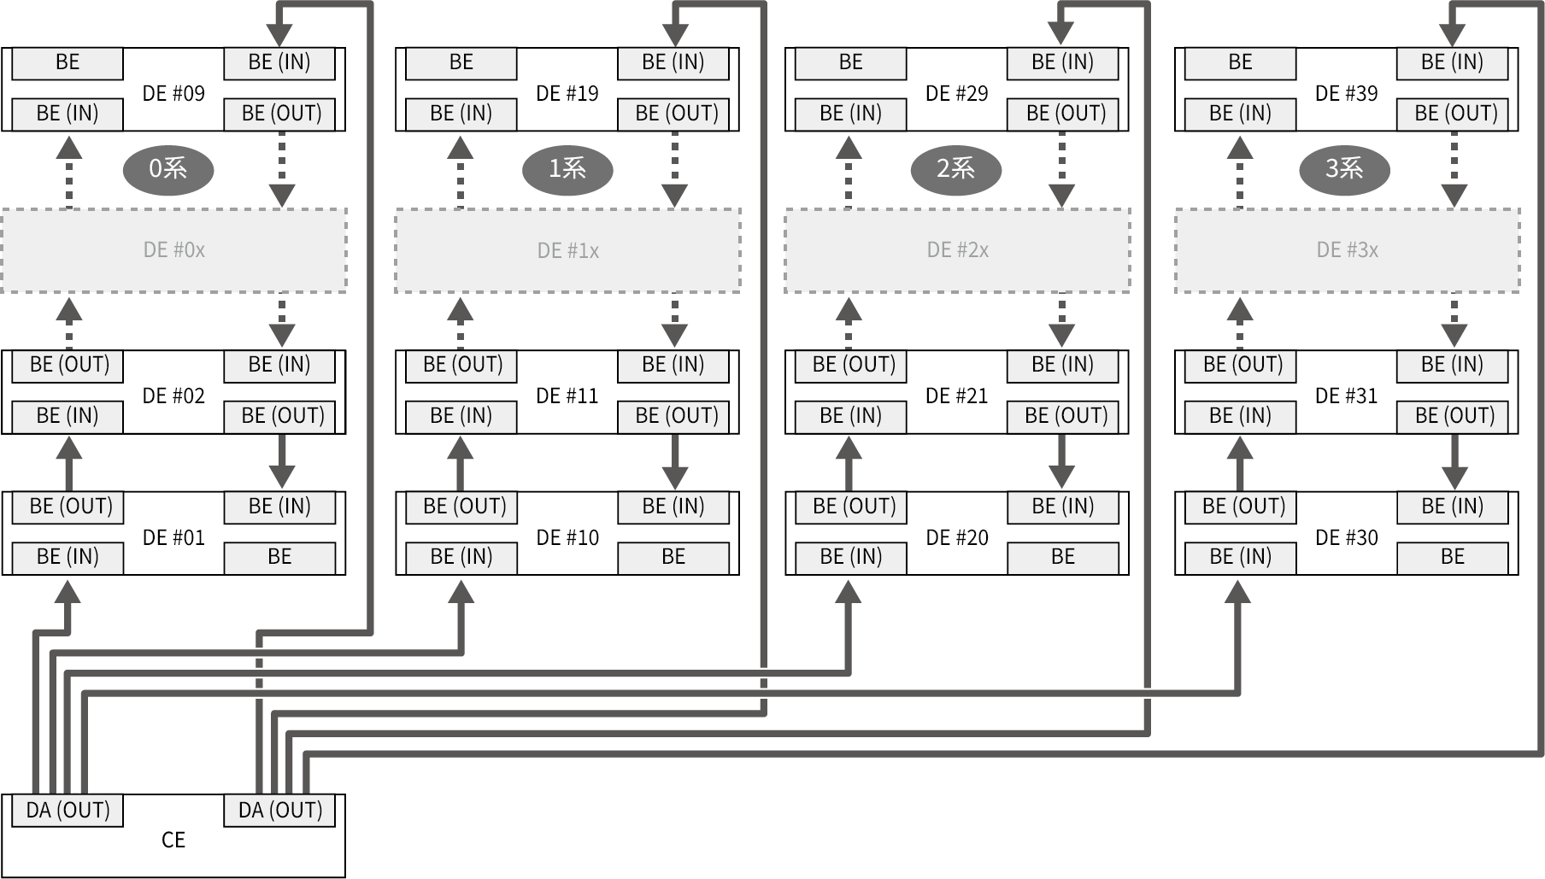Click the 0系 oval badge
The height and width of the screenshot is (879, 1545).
click(168, 169)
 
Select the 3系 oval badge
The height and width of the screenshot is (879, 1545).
click(1344, 169)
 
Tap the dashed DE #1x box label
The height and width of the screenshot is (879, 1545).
click(567, 250)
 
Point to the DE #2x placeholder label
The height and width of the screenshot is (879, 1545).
click(957, 250)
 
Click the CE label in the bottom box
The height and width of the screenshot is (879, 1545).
click(173, 841)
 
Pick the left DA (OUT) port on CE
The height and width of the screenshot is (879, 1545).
click(68, 810)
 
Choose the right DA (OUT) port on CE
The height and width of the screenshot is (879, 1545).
click(279, 810)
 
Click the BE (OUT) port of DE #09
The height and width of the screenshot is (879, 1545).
click(281, 114)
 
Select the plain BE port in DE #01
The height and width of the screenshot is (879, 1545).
click(279, 557)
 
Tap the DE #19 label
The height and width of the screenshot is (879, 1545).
click(567, 93)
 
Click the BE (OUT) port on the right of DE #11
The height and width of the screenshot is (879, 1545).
click(676, 416)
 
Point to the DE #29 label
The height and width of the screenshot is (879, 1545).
click(957, 93)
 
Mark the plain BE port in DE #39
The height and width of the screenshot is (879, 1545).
click(1240, 62)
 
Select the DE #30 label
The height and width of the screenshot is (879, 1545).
click(1347, 537)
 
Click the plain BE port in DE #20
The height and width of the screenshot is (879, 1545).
click(1062, 557)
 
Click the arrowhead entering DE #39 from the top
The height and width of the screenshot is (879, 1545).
click(1452, 34)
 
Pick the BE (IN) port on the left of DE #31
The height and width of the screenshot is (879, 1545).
click(1240, 416)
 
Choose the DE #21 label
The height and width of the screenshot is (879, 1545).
click(957, 396)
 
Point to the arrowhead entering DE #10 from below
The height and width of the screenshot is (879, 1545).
click(461, 592)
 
